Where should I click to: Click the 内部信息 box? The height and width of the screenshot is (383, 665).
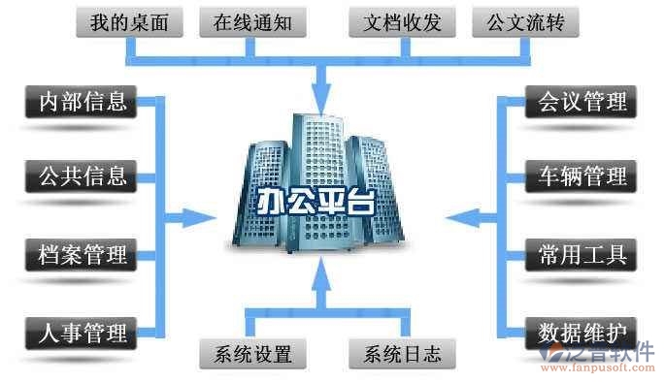(82, 101)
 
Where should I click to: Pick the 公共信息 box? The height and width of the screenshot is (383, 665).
(82, 176)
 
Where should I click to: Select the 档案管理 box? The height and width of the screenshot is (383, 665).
(82, 256)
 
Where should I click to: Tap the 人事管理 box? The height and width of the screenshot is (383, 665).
(82, 334)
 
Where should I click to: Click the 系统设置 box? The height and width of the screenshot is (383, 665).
(247, 353)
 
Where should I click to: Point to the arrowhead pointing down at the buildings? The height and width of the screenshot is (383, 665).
(321, 95)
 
